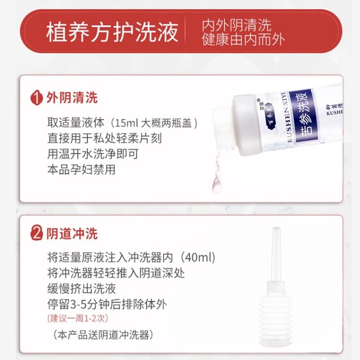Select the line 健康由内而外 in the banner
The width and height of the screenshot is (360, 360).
[243, 40]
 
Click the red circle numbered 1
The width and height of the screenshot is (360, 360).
[36, 98]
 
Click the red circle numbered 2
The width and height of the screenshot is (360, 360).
[36, 234]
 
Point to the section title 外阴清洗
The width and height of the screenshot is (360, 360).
[72, 98]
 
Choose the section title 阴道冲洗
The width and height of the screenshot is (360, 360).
[72, 234]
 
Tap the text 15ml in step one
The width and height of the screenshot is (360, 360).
[127, 123]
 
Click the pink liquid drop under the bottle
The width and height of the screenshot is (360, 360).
[217, 184]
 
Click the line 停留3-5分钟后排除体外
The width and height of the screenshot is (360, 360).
[107, 304]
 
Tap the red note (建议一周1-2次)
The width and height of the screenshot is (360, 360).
[77, 318]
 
